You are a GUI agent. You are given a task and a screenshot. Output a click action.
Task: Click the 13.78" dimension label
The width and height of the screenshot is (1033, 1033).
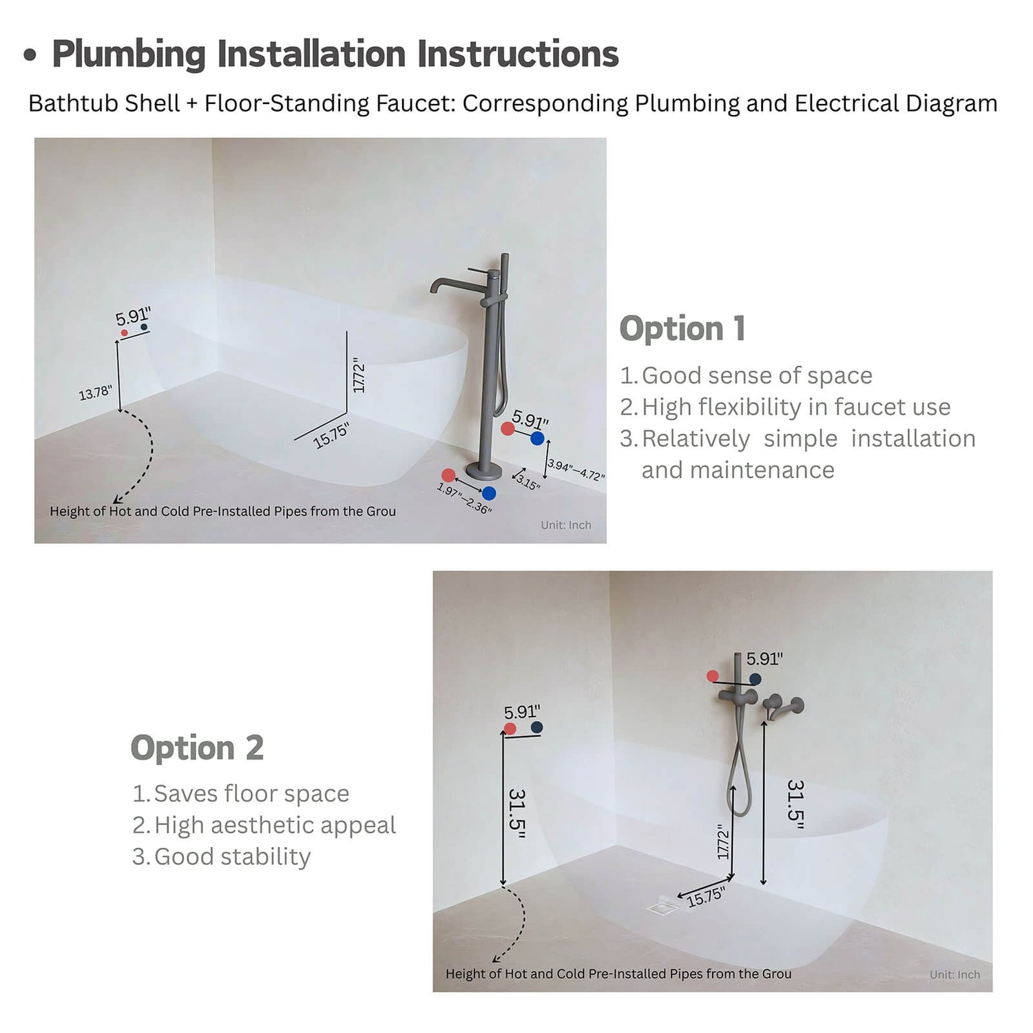pos(95,393)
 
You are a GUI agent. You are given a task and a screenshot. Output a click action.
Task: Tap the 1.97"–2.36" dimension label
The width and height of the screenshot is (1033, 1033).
pos(464,499)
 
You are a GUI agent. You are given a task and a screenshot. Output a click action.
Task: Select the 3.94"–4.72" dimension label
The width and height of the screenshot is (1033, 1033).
pos(576,470)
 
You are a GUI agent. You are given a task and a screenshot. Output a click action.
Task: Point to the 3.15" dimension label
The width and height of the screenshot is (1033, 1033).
pos(528,482)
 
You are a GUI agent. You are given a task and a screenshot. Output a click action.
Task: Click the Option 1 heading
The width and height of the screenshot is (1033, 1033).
pos(682,328)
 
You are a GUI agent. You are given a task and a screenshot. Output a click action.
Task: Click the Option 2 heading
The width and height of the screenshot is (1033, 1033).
pos(197,748)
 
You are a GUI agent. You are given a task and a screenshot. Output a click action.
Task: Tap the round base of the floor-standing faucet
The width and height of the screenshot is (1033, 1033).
pos(483,471)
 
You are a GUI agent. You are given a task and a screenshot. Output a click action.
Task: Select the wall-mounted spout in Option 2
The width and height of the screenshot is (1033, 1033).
pos(783,707)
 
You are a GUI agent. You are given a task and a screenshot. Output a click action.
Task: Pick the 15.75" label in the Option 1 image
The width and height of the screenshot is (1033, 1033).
pos(331,436)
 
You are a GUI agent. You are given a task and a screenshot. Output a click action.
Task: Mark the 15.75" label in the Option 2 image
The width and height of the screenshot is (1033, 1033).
pos(706,897)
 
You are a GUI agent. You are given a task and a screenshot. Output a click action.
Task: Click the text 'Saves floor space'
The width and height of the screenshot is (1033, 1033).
pos(251,793)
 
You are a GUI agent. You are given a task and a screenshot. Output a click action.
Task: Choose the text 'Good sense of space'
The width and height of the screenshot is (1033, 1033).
pos(757,375)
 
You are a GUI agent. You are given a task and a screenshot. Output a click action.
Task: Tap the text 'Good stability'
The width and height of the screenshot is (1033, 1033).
pos(232,857)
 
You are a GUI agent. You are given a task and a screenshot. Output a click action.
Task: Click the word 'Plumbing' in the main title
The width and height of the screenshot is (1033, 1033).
pos(129,54)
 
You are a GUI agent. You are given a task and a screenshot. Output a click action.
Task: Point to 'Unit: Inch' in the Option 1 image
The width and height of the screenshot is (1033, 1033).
pos(565,525)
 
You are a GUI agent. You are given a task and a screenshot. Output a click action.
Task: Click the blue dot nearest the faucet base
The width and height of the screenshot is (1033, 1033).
pos(489,493)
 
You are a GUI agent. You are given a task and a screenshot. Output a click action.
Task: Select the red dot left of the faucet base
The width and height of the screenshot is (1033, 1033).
pos(448,475)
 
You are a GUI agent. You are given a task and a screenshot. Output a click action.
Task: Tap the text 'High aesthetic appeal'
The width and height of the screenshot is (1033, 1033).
pos(275,825)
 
